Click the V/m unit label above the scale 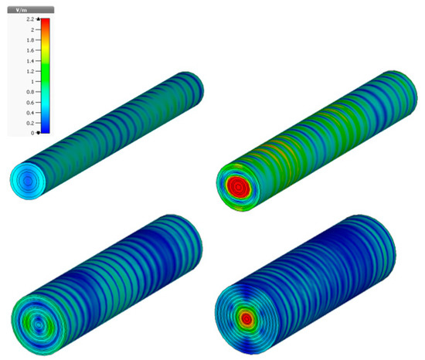coord(22,10)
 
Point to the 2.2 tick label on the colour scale coord(30,19)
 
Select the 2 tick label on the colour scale coord(32,29)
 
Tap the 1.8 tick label coord(30,40)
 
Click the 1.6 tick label coord(30,50)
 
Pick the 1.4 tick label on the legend coord(30,61)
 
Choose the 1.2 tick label coord(30,71)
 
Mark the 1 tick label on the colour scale coord(32,82)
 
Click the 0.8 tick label coord(30,92)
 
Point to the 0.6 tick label coord(30,103)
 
